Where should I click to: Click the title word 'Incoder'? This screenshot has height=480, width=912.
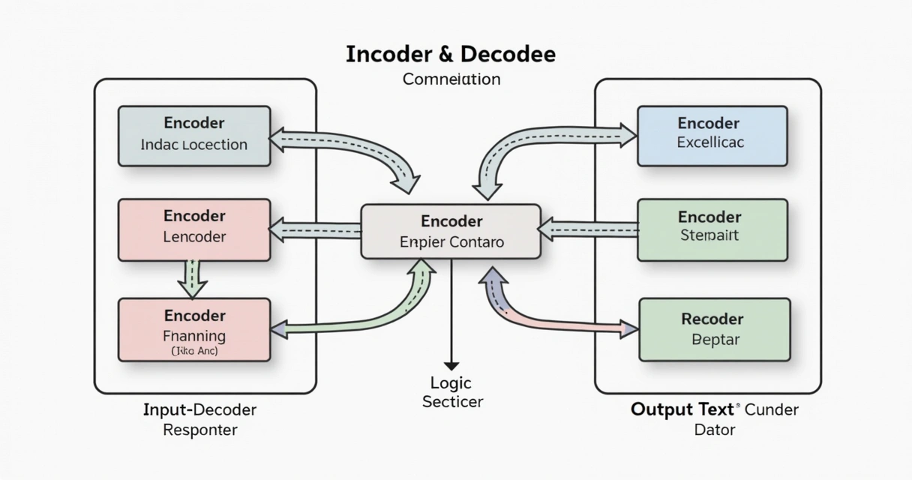click(386, 55)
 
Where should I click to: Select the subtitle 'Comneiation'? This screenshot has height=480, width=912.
click(451, 79)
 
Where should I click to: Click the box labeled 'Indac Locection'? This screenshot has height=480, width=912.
click(194, 136)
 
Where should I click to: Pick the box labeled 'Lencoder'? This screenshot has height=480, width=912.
click(194, 229)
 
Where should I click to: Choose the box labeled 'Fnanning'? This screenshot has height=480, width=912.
click(194, 329)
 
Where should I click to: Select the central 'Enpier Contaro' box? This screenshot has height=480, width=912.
click(451, 232)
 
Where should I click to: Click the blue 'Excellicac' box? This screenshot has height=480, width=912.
click(711, 136)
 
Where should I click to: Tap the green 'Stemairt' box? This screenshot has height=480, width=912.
click(711, 229)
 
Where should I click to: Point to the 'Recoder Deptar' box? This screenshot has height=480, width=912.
click(713, 329)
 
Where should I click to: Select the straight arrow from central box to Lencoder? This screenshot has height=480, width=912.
click(315, 230)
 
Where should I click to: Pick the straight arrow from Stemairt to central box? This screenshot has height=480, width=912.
click(588, 229)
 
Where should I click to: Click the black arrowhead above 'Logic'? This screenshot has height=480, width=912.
click(451, 365)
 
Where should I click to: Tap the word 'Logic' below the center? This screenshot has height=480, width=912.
click(451, 383)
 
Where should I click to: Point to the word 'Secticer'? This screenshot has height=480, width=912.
click(452, 402)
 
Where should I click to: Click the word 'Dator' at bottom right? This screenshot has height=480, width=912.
click(714, 430)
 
